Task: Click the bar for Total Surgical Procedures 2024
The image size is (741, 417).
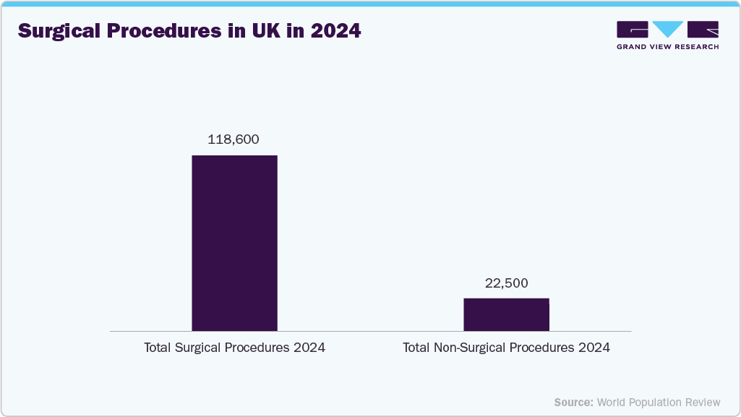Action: point(234,243)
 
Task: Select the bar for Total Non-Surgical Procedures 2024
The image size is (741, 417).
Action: point(506,314)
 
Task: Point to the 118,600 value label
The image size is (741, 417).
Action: point(233,139)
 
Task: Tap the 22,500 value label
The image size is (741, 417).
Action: point(506,283)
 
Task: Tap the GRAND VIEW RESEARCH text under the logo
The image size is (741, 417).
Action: point(667,47)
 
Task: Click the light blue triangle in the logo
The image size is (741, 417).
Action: point(668,29)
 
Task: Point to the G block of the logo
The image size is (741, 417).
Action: point(633,30)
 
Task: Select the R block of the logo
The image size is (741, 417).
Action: point(703,30)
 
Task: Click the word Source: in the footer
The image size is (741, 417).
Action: point(573,402)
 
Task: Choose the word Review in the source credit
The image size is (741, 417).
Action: point(703,402)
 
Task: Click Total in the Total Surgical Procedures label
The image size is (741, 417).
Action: point(158,348)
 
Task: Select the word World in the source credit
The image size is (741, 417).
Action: point(612,402)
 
